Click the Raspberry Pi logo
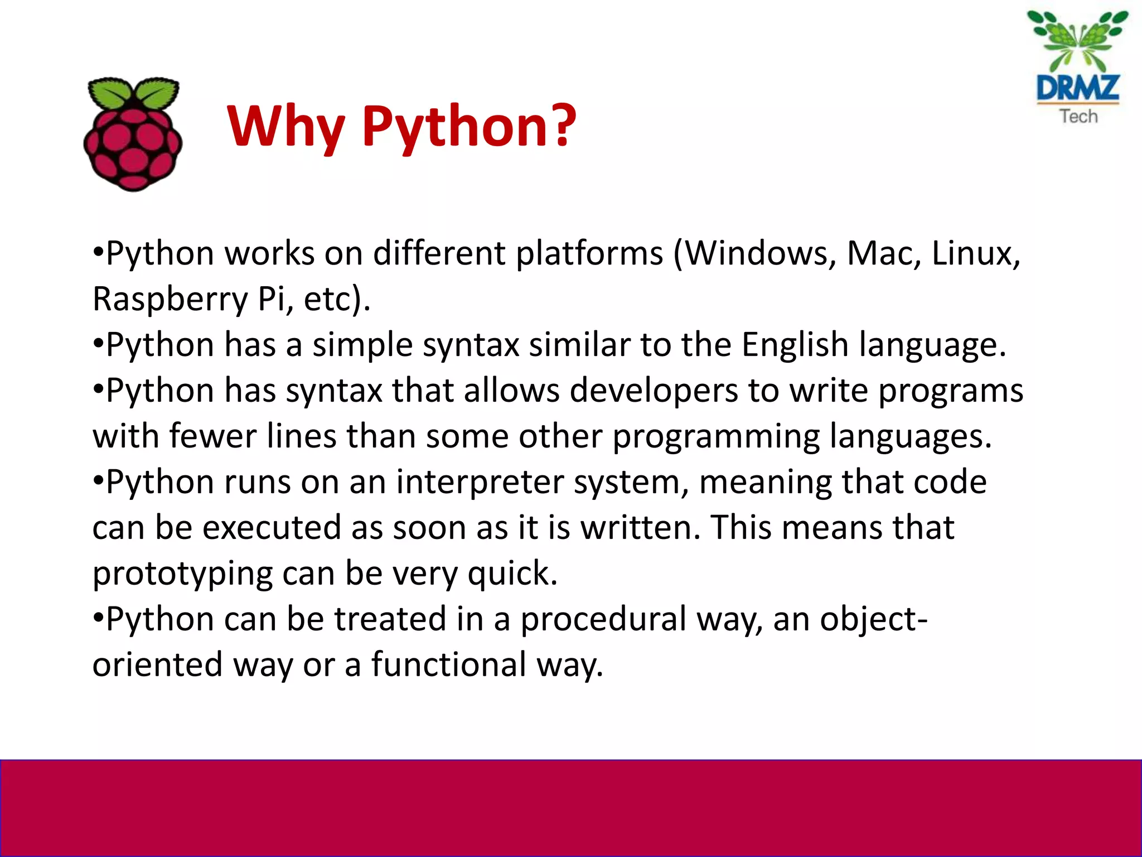(133, 134)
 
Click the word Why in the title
(285, 127)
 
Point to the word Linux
(976, 254)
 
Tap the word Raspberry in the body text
(170, 300)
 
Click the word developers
(654, 391)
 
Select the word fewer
(212, 436)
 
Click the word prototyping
(182, 574)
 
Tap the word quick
(512, 574)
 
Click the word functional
(448, 665)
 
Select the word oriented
(157, 665)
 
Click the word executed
(271, 528)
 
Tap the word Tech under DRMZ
(1078, 116)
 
